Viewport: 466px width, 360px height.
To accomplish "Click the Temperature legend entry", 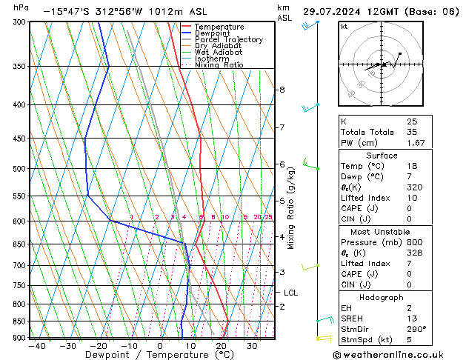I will tap(219, 27).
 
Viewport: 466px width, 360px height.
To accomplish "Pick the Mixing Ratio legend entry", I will tap(219, 65).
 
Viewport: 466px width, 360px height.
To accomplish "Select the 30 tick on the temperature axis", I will tap(252, 346).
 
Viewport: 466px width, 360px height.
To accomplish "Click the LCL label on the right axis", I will tap(290, 293).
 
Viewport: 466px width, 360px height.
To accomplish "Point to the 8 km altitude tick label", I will tap(282, 90).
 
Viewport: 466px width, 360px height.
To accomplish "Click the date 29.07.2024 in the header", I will tap(336, 12).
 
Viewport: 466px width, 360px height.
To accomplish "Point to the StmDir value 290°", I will tap(416, 329).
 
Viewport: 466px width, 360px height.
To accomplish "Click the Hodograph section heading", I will tap(382, 297).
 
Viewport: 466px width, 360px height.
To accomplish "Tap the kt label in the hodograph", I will tap(344, 27).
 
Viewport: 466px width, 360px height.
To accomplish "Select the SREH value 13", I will tap(412, 319).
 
